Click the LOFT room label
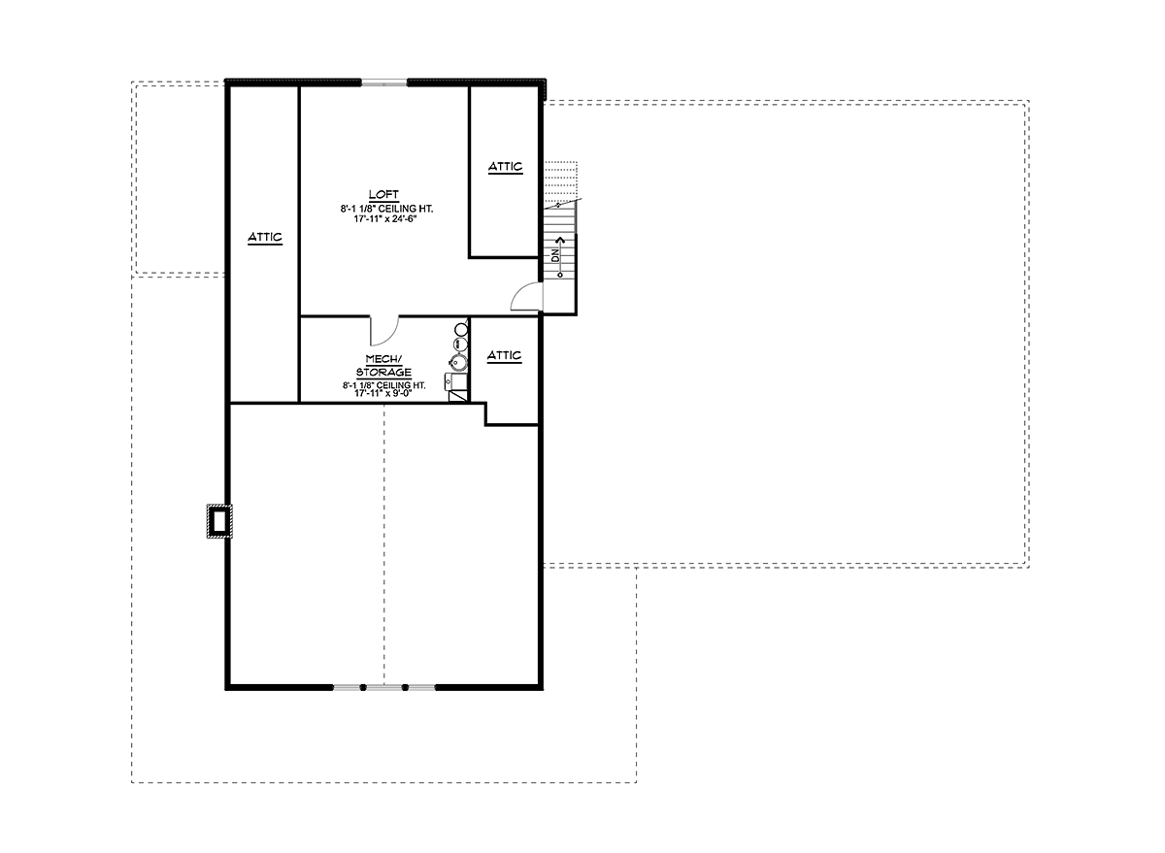pos(383,194)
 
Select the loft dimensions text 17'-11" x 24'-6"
pos(385,219)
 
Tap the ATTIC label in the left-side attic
pos(265,238)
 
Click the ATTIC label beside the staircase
pos(505,167)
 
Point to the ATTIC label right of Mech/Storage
pos(504,355)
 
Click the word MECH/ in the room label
pos(383,359)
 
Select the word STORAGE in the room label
pos(383,373)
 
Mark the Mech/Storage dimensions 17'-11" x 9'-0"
pos(383,393)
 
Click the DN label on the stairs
pos(555,255)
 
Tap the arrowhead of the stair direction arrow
pos(560,240)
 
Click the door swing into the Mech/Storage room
pos(384,332)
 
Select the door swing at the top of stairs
pos(526,296)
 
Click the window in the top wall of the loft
pos(383,82)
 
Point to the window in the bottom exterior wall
pos(383,687)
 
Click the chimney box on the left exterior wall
pos(219,521)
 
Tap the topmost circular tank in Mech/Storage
pos(461,329)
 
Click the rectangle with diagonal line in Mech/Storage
pos(457,396)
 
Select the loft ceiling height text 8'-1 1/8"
pos(357,209)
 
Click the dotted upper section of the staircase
pos(561,182)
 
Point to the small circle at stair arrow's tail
pos(560,275)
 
